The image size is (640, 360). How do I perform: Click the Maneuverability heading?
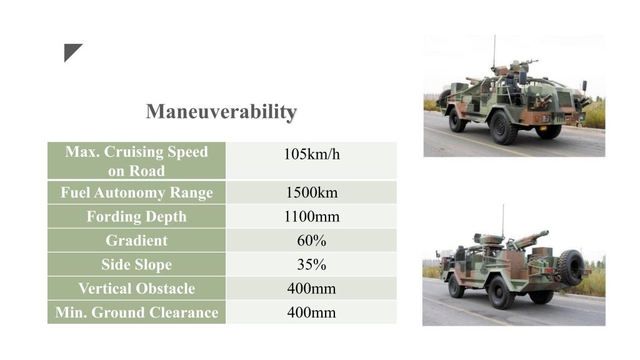pos(221,112)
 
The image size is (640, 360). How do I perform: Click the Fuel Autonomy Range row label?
pos(137,192)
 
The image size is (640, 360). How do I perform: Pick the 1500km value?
pos(311,192)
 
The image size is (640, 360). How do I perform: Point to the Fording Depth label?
pos(137,216)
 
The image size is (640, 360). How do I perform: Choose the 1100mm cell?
pos(311,216)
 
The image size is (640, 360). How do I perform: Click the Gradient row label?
pos(137,241)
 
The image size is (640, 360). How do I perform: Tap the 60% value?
pos(311,241)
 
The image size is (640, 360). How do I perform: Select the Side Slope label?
pos(137,264)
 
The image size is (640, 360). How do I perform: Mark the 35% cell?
pos(311,264)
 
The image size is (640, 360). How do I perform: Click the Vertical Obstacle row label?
pos(137,289)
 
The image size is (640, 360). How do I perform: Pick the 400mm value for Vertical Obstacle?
pos(311,289)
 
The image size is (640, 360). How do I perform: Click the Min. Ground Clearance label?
pos(137,312)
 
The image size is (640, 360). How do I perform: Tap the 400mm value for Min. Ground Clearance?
pos(311,312)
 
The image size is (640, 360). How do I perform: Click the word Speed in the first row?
pos(187,152)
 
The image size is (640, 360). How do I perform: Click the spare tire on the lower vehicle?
pos(571,267)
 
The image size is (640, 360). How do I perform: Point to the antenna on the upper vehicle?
pos(494,52)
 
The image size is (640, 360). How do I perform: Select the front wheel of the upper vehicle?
pos(504,127)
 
